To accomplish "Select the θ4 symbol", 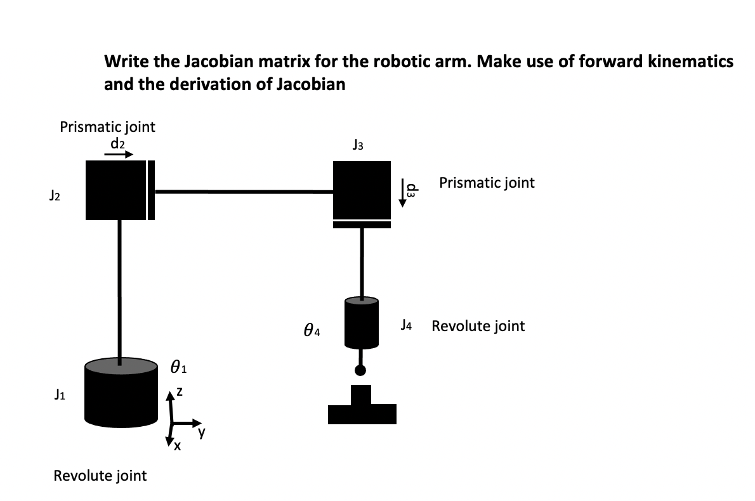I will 312,330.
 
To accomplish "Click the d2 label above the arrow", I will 118,143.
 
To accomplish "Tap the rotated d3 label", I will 412,191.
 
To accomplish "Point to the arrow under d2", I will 119,153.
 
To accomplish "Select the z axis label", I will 180,394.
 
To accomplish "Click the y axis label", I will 201,434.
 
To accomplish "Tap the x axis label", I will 178,448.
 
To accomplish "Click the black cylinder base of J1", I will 121,400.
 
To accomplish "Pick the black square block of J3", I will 362,189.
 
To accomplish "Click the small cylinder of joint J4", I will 362,323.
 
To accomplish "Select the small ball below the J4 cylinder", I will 361,370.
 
